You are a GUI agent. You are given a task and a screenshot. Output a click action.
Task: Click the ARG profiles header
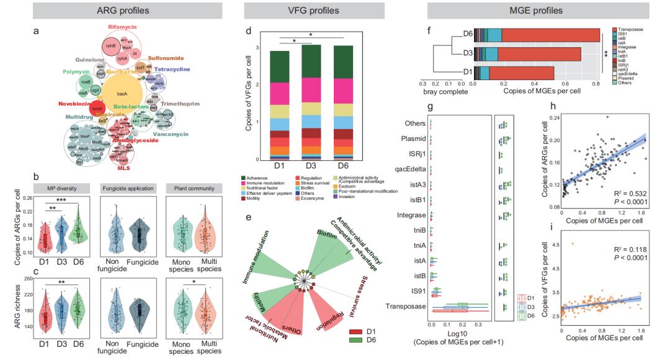click(117, 11)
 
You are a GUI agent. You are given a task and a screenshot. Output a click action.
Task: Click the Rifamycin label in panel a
click(125, 27)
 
